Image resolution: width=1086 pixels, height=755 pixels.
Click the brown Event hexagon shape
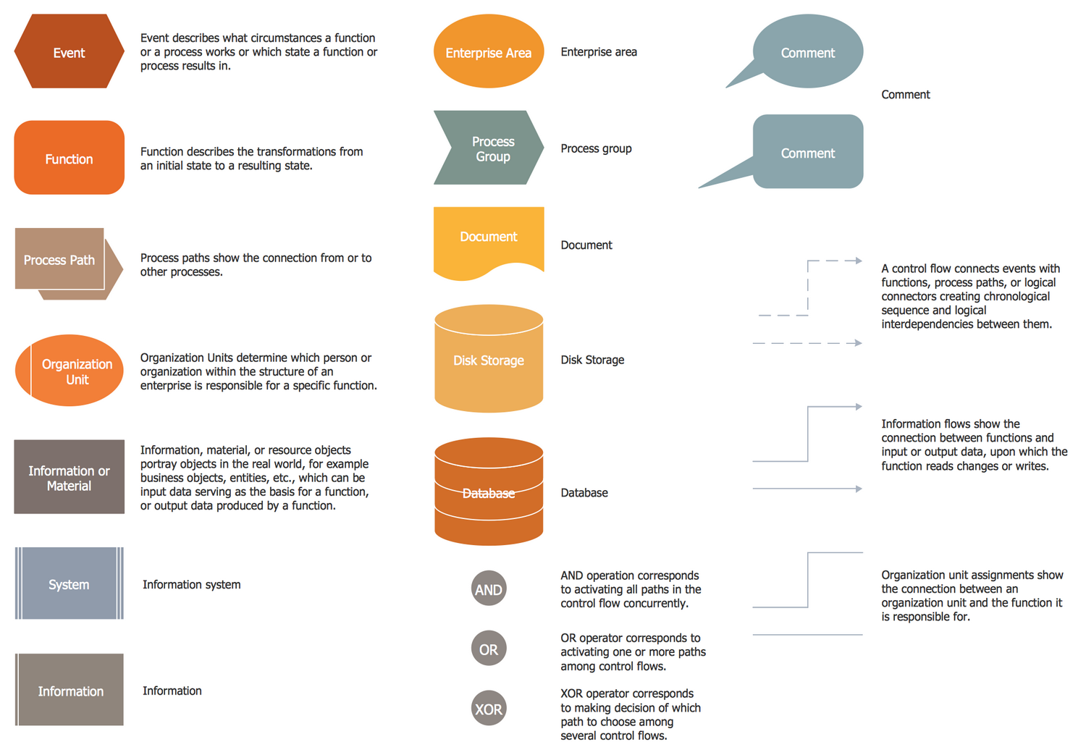click(x=69, y=52)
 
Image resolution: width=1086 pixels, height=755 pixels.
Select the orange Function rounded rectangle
click(x=69, y=158)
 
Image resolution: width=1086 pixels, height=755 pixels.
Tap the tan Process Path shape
click(x=62, y=261)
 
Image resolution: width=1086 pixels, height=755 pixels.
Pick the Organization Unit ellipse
click(x=70, y=371)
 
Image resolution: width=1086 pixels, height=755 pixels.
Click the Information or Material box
click(x=69, y=477)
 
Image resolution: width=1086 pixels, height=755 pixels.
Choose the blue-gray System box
click(x=69, y=583)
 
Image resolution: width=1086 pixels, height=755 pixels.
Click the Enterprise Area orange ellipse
click(x=489, y=52)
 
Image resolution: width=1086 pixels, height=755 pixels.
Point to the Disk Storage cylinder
click(x=489, y=360)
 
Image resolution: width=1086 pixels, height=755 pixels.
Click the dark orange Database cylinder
click(x=489, y=492)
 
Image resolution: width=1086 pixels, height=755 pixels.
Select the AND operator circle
click(x=489, y=589)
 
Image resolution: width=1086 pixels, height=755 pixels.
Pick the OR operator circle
click(x=489, y=649)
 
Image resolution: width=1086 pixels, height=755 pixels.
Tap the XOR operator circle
click(x=489, y=709)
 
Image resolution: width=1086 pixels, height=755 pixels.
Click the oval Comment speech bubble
click(x=807, y=52)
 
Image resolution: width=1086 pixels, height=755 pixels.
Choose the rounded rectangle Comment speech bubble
click(x=807, y=152)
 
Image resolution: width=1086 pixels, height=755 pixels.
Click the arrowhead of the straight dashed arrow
click(x=858, y=343)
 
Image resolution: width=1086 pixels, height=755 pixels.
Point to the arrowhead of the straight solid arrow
click(x=858, y=489)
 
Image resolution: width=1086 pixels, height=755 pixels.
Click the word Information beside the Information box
click(x=172, y=691)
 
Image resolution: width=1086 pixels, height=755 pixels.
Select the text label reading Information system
click(x=192, y=584)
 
